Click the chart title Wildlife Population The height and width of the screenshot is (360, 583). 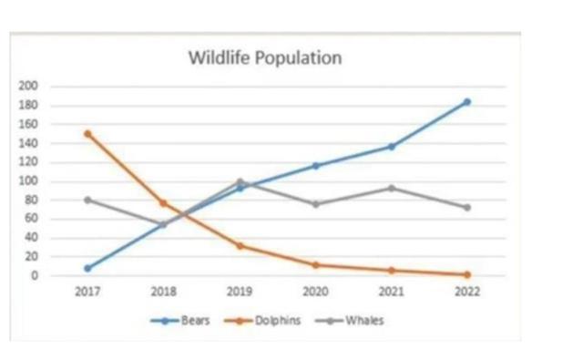[265, 58]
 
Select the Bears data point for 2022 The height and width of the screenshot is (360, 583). [467, 102]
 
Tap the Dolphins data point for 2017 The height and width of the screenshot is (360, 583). [87, 133]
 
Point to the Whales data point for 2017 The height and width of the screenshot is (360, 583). [87, 200]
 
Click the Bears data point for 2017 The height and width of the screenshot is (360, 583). [87, 268]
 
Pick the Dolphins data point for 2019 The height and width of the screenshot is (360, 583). [240, 246]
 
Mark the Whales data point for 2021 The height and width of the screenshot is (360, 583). [392, 188]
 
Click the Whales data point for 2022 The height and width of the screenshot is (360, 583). [467, 208]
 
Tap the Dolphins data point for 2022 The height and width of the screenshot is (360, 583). [467, 274]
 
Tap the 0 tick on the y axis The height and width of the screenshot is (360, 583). [36, 275]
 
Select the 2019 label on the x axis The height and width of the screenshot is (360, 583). [240, 293]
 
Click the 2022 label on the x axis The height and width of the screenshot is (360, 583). [467, 293]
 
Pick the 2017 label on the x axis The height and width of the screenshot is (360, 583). [87, 293]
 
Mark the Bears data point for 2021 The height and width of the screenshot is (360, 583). [392, 147]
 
